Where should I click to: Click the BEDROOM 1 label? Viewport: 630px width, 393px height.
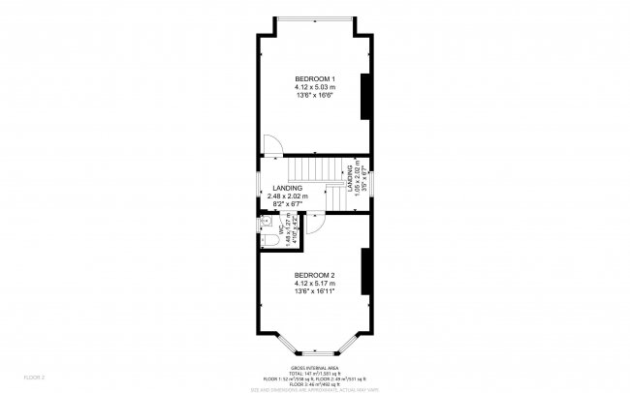(x=315, y=77)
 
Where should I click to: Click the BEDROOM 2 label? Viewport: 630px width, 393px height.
(x=315, y=275)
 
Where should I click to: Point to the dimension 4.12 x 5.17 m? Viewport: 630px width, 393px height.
(x=315, y=283)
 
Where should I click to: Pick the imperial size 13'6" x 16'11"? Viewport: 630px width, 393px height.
(x=315, y=290)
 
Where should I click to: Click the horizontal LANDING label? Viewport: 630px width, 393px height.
(x=288, y=188)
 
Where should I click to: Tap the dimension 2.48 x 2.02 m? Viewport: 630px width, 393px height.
(x=288, y=196)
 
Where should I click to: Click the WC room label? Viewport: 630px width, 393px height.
(x=280, y=232)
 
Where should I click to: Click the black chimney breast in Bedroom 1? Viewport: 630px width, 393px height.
(x=365, y=96)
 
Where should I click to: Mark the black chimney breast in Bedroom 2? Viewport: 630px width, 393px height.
(x=365, y=273)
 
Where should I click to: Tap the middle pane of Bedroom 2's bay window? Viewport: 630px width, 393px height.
(x=314, y=352)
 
